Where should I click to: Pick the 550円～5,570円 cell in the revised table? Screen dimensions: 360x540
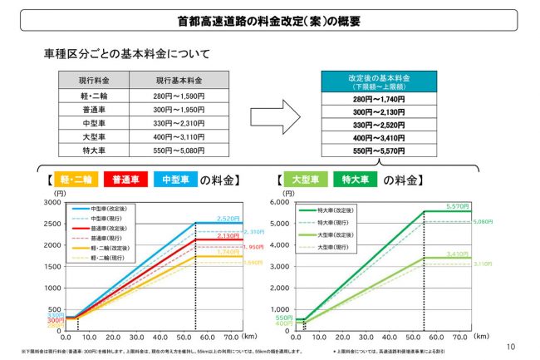378,152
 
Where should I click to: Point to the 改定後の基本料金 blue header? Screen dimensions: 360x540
378,81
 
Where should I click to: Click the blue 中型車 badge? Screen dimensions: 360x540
178,180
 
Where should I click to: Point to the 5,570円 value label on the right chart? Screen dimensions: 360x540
459,205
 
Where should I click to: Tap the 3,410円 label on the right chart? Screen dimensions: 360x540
459,254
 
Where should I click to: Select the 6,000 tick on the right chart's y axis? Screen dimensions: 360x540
284,202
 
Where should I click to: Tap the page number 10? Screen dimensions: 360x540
510,347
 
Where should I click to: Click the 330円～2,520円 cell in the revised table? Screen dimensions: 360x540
378,125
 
